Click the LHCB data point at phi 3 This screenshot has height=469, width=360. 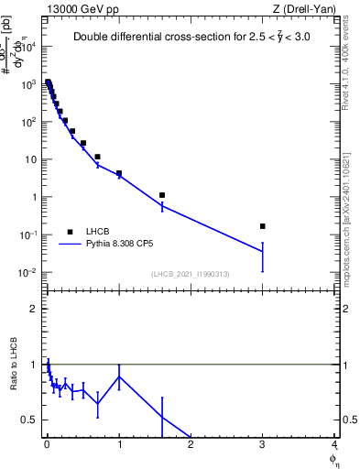263,225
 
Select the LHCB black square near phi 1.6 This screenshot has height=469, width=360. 162,195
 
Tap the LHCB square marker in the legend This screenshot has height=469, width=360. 70,232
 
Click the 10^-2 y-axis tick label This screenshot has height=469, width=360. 28,273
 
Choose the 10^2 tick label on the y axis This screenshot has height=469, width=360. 28,122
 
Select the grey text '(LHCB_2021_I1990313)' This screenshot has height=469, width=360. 191,274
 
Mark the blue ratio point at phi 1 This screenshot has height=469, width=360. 119,376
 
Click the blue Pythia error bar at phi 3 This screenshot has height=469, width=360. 263,256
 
